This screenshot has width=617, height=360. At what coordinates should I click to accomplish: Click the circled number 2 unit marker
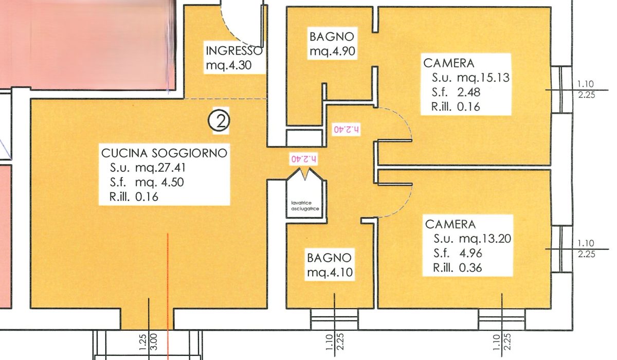tap(219, 120)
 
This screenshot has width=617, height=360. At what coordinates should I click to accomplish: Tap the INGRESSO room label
tap(234, 51)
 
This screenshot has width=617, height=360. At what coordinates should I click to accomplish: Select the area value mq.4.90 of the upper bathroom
tap(332, 51)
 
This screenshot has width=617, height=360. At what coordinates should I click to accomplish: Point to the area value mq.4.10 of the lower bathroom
tap(330, 273)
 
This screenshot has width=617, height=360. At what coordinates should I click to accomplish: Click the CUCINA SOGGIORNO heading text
tap(164, 153)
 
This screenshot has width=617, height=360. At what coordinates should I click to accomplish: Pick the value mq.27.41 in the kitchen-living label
tap(160, 168)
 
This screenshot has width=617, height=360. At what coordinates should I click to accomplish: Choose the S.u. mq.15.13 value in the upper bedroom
tap(470, 78)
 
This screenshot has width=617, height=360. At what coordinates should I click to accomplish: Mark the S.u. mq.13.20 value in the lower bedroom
tap(473, 239)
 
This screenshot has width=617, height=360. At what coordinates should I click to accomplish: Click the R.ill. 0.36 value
tap(458, 268)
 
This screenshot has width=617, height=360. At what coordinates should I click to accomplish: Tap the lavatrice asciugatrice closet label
tap(305, 206)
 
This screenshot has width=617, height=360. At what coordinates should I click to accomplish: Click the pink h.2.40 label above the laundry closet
tap(304, 159)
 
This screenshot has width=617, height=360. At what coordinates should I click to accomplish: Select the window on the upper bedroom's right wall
tap(561, 89)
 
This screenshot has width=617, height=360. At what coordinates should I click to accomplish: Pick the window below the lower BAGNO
tap(334, 319)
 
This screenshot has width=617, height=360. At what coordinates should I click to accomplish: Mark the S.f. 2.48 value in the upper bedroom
tap(456, 92)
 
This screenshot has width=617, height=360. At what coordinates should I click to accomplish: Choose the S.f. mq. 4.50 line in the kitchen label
tap(147, 183)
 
